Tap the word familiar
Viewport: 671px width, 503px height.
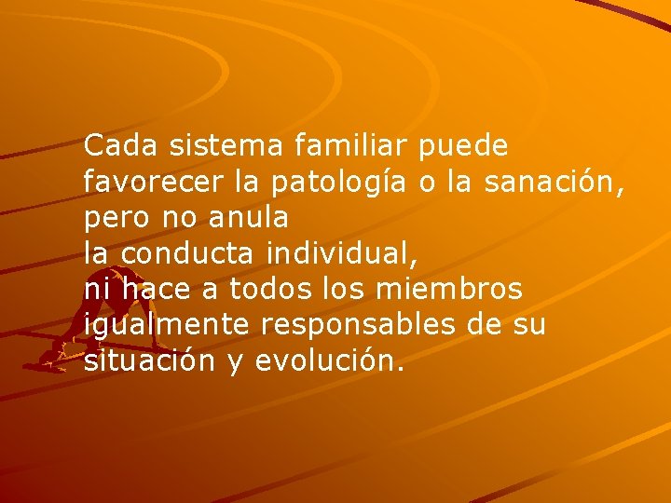(351, 146)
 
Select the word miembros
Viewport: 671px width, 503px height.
(448, 291)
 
